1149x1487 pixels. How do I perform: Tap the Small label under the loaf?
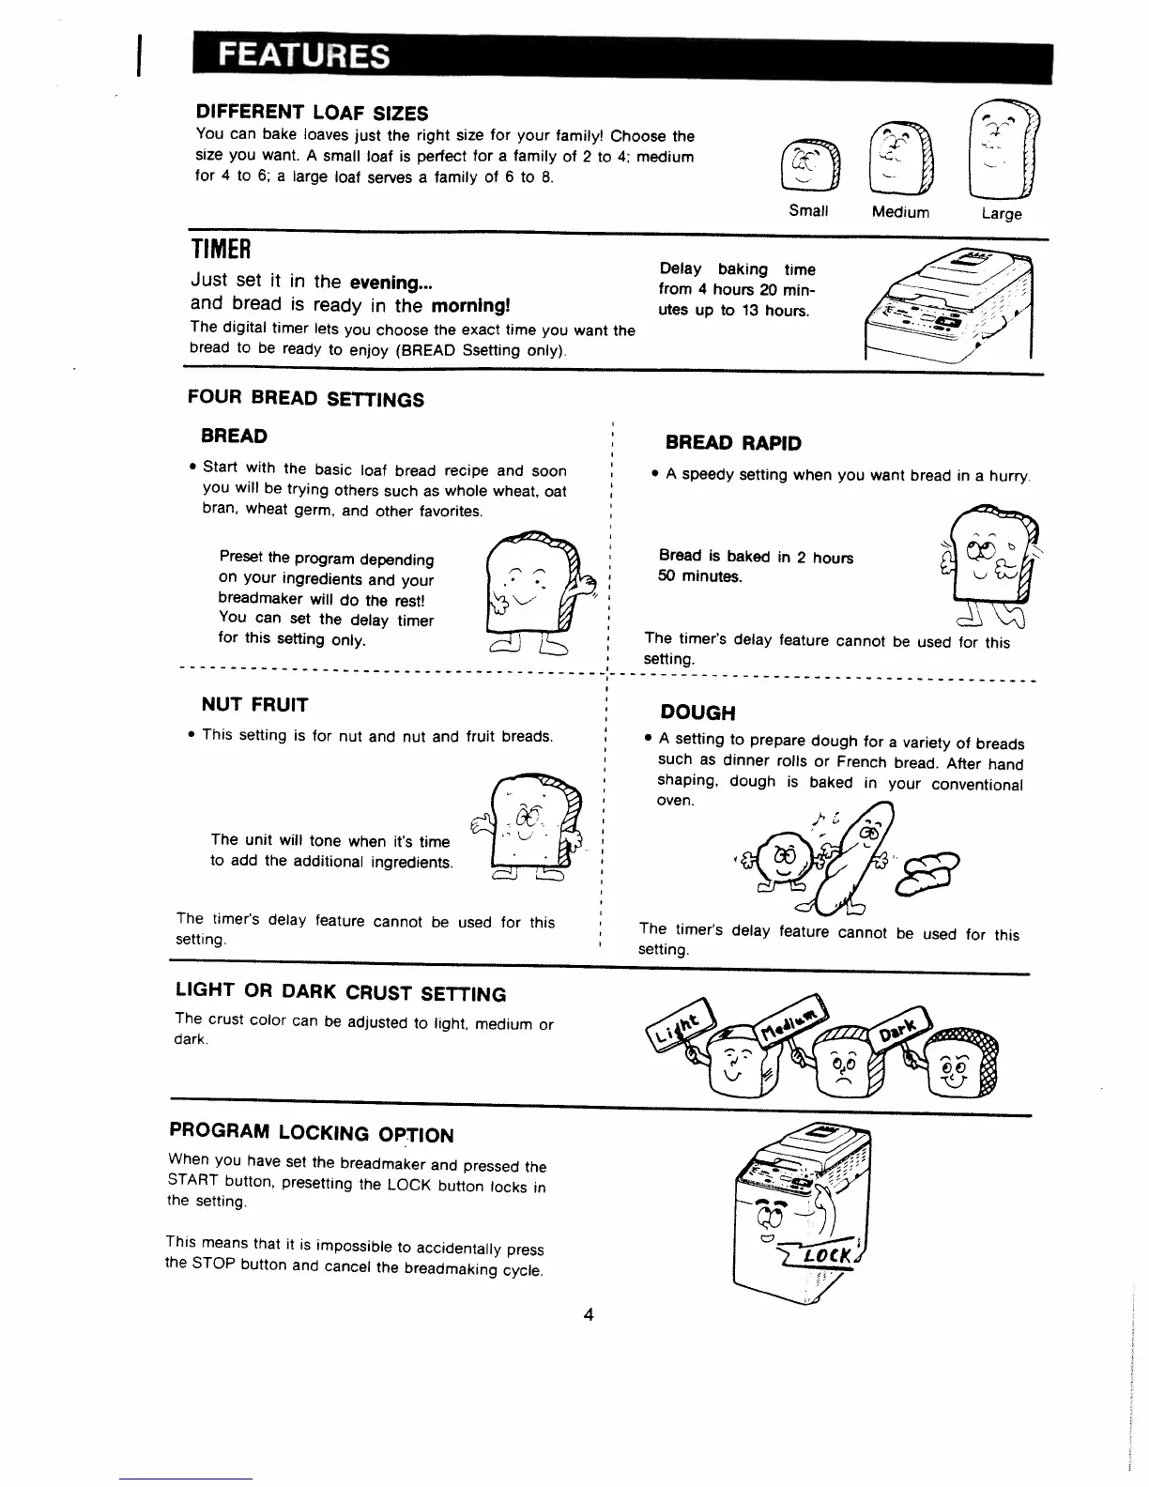pos(808,210)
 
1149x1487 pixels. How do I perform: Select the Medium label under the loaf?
pos(900,212)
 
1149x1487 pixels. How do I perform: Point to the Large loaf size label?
pos(1001,214)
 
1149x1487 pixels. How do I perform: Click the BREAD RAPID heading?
pos(733,443)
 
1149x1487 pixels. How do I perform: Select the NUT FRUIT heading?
pos(254,705)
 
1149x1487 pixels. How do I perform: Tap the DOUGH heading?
pos(697,713)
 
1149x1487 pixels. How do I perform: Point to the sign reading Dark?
pos(897,1030)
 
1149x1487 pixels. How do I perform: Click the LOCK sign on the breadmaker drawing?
pos(836,1255)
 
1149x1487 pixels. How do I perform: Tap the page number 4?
pos(589,1315)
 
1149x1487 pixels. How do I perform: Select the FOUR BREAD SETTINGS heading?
pos(306,399)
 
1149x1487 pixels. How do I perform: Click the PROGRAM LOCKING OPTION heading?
pos(311,1133)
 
